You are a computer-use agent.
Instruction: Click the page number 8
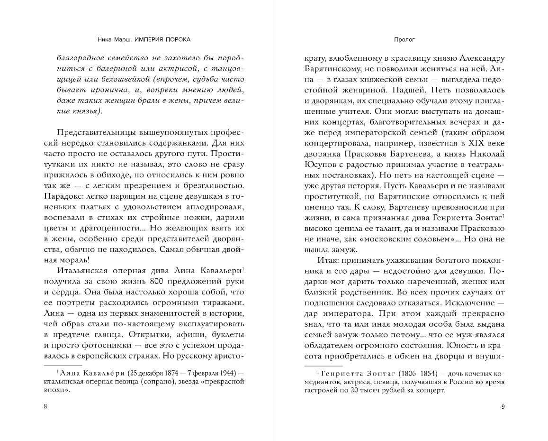pos(45,406)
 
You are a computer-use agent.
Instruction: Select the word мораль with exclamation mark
pos(72,260)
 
